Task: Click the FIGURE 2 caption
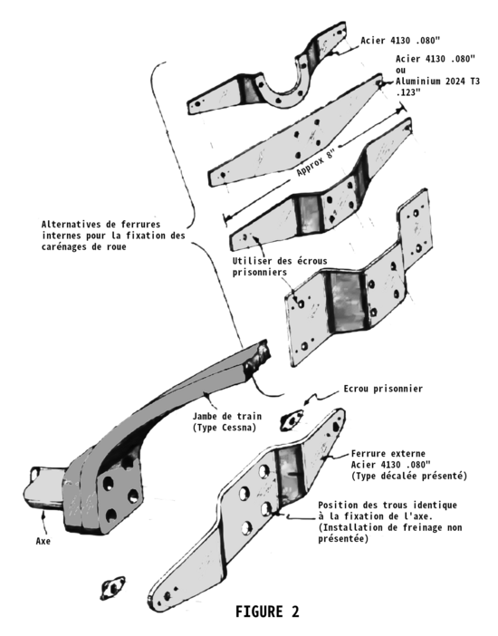pyautogui.click(x=267, y=612)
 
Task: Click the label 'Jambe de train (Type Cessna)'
pyautogui.click(x=227, y=422)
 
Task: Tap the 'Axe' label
pyautogui.click(x=43, y=541)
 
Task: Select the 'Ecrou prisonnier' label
pyautogui.click(x=383, y=389)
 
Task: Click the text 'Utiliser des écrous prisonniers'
pyautogui.click(x=280, y=266)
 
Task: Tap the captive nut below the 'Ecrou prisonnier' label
pyautogui.click(x=292, y=420)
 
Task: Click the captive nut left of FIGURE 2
pyautogui.click(x=112, y=588)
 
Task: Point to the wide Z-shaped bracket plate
pyautogui.click(x=359, y=280)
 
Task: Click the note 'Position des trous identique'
pyautogui.click(x=388, y=506)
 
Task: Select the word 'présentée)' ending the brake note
pyautogui.click(x=343, y=539)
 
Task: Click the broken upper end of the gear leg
pyautogui.click(x=258, y=357)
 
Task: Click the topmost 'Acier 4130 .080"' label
pyautogui.click(x=400, y=41)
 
